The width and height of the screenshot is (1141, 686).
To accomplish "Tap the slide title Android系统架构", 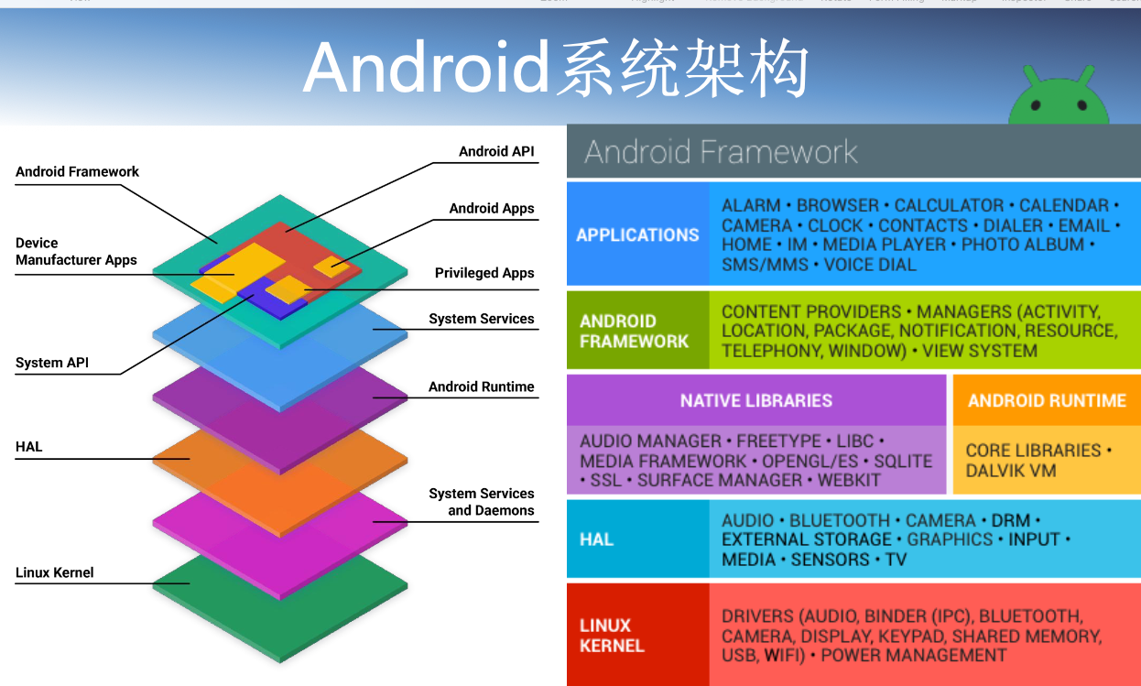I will click(x=555, y=68).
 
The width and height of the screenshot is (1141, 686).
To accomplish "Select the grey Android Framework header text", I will click(x=721, y=151).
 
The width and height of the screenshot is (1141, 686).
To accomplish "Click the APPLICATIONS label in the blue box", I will click(x=637, y=234).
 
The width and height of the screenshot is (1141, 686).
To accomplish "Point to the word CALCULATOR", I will click(x=951, y=205).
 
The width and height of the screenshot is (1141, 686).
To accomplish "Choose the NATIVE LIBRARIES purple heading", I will click(x=755, y=400).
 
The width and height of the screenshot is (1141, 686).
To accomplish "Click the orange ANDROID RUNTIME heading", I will click(x=1047, y=400).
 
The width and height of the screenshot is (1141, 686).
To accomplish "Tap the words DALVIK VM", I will click(x=1011, y=471).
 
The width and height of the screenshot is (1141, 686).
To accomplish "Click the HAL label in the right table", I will click(x=596, y=539).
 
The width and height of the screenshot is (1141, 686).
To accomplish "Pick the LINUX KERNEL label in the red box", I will click(x=612, y=636).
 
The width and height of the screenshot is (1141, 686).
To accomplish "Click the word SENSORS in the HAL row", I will click(x=828, y=559).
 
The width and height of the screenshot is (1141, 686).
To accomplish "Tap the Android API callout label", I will click(x=496, y=151).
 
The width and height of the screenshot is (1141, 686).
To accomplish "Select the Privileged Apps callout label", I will click(x=484, y=273).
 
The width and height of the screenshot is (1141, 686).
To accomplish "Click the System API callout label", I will click(x=52, y=363).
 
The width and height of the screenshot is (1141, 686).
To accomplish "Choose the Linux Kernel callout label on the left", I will click(x=55, y=572).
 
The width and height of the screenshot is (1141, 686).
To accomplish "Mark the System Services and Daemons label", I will click(x=482, y=502).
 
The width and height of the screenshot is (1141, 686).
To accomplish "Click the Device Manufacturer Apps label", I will click(x=76, y=251).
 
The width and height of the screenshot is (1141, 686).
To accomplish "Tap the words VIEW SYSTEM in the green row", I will click(x=980, y=351).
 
